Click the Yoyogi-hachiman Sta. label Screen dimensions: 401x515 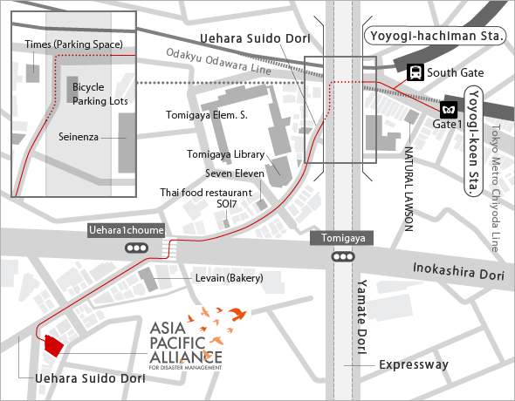pos(434,36)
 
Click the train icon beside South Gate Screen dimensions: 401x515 pos(417,72)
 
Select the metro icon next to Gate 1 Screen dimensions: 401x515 pos(449,110)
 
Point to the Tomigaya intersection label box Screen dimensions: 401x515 pos(341,238)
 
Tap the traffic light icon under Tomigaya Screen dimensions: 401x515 pos(341,257)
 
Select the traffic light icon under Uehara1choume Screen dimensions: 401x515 pos(137,248)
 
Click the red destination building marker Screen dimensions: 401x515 pos(54,345)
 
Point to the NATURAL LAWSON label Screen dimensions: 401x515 pos(408,188)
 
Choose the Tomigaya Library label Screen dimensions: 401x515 pos(225,154)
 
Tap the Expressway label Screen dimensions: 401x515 pos(414,364)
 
